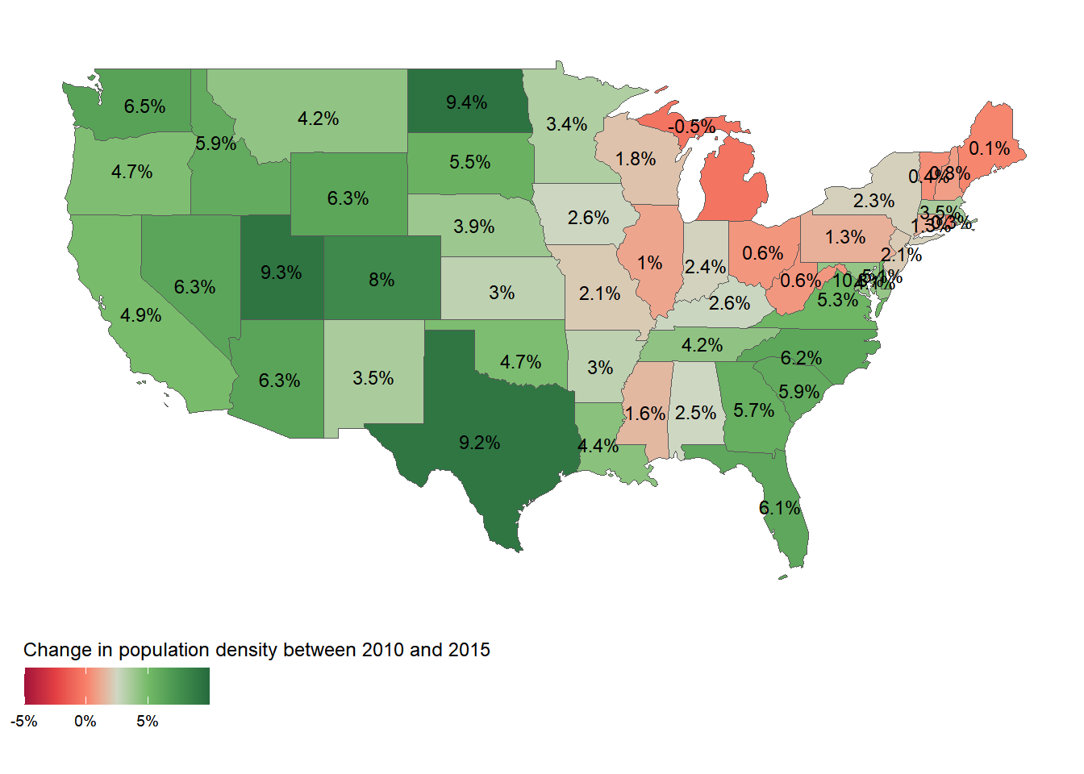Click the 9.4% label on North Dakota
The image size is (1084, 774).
(x=466, y=102)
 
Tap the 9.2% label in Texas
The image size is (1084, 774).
(x=479, y=443)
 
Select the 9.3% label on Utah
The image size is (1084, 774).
(x=281, y=273)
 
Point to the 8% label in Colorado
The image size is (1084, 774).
(x=381, y=280)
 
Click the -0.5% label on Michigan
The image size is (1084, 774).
(x=691, y=127)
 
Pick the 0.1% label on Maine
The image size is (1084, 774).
(x=989, y=148)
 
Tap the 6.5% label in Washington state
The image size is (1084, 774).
(x=144, y=106)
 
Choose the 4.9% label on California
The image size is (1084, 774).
(x=140, y=315)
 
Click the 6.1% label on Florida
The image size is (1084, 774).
(x=779, y=508)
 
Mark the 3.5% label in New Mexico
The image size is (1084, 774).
(x=373, y=378)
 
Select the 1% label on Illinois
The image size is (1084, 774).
(x=649, y=263)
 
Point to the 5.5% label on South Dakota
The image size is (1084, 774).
(x=469, y=162)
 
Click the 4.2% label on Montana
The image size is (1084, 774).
(x=318, y=119)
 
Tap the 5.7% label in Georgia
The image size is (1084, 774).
(x=753, y=410)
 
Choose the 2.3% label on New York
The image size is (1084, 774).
(x=873, y=200)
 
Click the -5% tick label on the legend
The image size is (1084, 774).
(x=24, y=722)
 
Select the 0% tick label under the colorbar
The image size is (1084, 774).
(x=85, y=722)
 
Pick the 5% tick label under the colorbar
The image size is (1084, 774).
(x=148, y=722)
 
